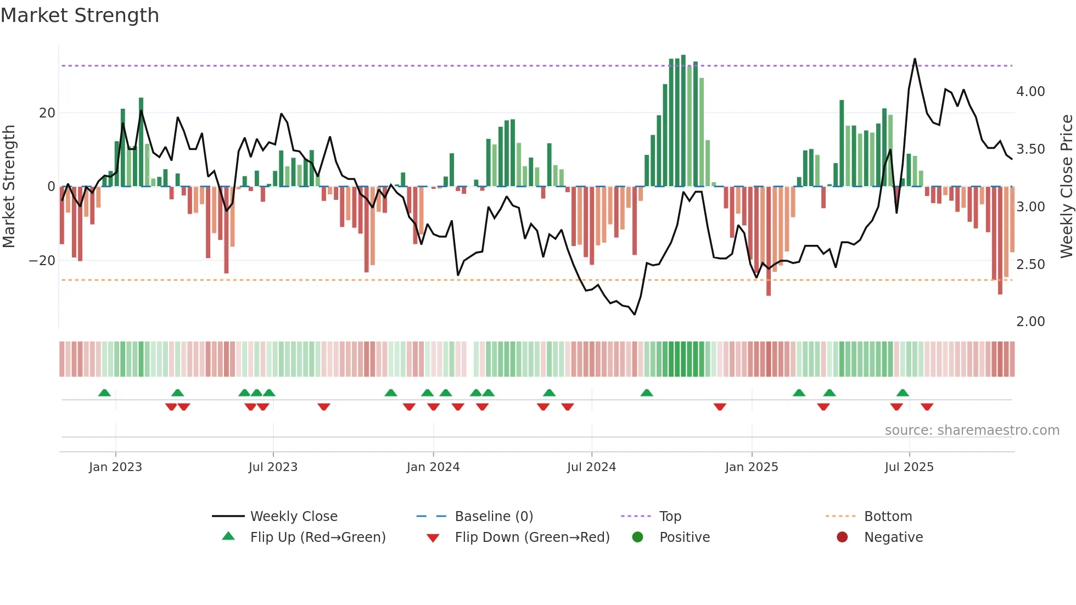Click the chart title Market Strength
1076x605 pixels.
tap(80, 15)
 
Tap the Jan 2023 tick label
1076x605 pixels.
tap(115, 467)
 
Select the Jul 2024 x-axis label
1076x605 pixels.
tap(591, 467)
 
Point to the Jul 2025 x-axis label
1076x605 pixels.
tap(909, 467)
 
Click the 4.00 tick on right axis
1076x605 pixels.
tap(1030, 92)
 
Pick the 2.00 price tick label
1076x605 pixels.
tap(1030, 322)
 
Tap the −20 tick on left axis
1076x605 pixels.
tap(42, 261)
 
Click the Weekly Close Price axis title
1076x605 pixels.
tap(1066, 186)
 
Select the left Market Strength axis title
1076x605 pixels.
tap(9, 186)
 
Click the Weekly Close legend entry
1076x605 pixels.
tap(294, 517)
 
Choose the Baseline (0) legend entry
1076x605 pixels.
tap(494, 517)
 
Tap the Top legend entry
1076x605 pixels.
tap(670, 517)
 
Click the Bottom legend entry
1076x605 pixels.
tap(888, 517)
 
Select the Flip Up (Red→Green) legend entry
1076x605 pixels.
tap(318, 537)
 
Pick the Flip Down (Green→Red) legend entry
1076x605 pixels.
tap(532, 537)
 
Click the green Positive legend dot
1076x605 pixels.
tap(637, 537)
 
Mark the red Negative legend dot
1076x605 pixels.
tap(842, 537)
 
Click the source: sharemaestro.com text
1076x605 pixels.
tap(972, 430)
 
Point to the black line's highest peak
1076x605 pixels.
tap(915, 59)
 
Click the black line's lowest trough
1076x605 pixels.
tap(635, 315)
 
